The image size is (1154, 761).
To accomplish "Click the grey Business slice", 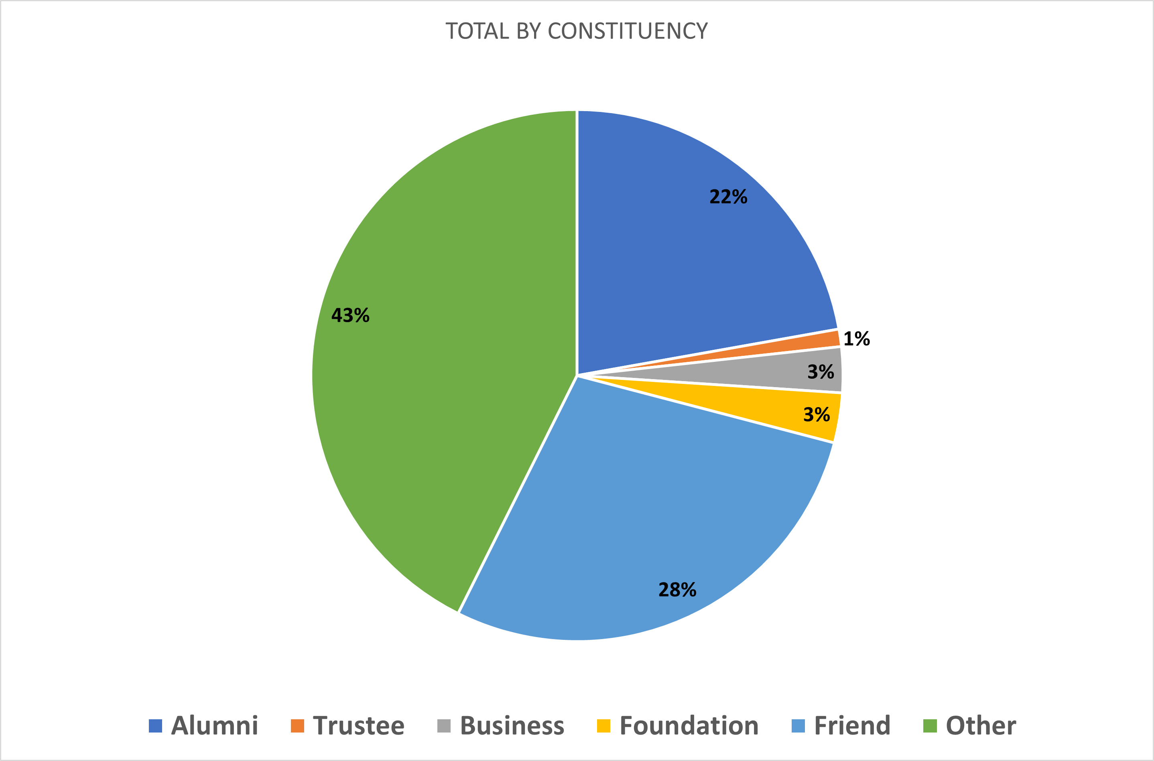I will tap(777, 372).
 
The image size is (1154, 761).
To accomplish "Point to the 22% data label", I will tap(728, 197).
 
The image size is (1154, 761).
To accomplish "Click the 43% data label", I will tap(350, 315).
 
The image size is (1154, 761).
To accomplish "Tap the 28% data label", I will tap(677, 590).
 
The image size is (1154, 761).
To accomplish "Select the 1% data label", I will tap(856, 339).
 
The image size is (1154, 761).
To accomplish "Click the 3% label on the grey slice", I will tap(821, 372).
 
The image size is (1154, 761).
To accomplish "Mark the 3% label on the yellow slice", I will tap(817, 414).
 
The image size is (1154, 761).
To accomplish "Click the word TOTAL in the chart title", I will tap(477, 31).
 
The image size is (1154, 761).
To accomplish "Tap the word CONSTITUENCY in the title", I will tap(628, 31).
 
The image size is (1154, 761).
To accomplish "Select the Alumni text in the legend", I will tap(215, 726).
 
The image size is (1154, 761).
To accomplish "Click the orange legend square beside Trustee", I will tap(297, 726).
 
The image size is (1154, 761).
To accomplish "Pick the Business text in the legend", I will tap(512, 726).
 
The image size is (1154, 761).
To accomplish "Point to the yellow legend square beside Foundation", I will tap(603, 726).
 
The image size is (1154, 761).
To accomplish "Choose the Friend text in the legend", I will tap(852, 726).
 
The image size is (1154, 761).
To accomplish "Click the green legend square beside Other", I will tap(930, 726).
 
